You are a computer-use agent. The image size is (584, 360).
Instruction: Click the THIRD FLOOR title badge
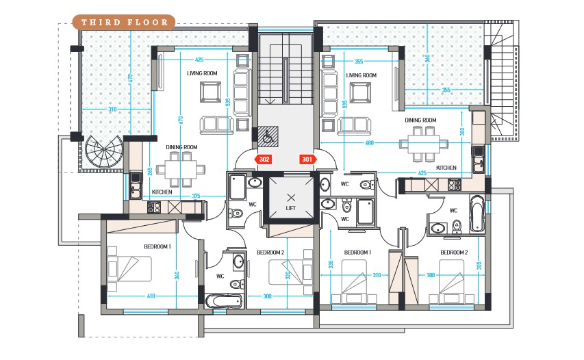tap(124, 22)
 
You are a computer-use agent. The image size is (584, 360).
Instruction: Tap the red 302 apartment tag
tap(265, 159)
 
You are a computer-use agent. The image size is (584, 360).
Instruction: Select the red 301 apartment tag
tap(307, 159)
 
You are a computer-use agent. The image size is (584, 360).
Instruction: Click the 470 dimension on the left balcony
tap(129, 79)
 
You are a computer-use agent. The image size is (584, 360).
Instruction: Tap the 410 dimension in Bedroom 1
tap(150, 296)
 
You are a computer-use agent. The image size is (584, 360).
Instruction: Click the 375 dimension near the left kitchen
tap(196, 196)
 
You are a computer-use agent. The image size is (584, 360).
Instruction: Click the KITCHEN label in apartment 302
tap(162, 192)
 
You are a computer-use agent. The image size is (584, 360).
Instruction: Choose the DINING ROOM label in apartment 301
tap(420, 120)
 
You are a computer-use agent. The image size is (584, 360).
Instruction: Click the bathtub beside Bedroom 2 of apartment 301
tap(477, 213)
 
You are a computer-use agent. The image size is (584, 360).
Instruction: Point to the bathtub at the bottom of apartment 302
tap(224, 300)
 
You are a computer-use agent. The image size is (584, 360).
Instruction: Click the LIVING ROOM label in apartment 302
tap(202, 73)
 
